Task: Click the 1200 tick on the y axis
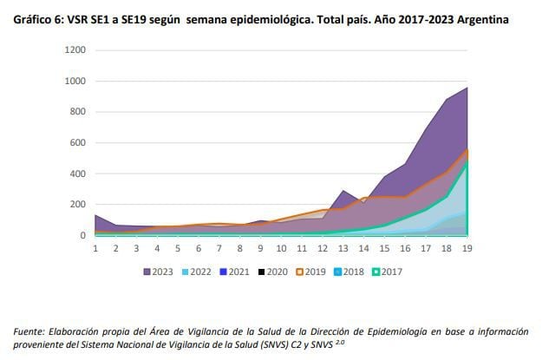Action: tap(74, 50)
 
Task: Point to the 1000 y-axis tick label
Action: tap(74, 82)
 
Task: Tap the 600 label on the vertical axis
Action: tap(77, 143)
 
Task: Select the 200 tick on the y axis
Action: tap(77, 205)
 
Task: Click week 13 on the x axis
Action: tap(343, 248)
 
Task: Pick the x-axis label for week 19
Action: tap(467, 248)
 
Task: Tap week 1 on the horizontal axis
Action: tap(95, 248)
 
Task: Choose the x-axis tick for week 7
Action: tap(219, 248)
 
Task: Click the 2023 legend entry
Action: tap(157, 272)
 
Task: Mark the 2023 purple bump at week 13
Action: tap(343, 191)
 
